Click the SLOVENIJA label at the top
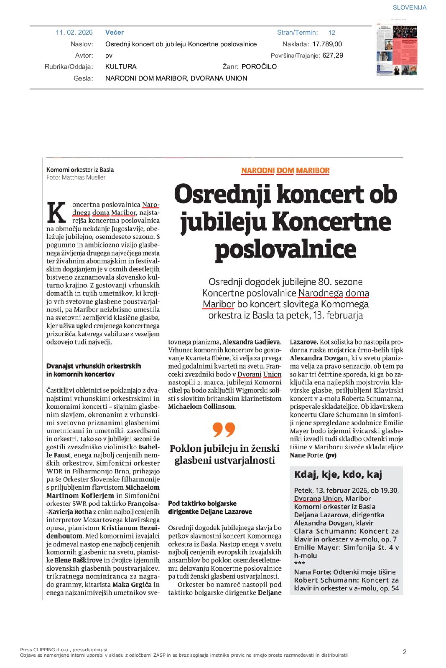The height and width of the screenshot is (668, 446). point(409,8)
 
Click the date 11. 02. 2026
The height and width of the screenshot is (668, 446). point(74,33)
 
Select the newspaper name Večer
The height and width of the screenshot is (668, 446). point(114,33)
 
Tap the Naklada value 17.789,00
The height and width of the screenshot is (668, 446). point(327,44)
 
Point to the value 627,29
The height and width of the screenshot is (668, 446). point(333,55)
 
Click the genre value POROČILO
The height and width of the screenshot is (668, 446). point(259,66)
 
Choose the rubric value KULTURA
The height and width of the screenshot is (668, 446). point(121,66)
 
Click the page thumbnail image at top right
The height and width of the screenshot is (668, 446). point(397,49)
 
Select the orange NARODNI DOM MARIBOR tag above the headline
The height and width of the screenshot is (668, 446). point(285,170)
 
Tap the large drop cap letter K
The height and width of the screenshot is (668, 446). point(56,213)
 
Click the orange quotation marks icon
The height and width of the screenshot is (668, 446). point(224,429)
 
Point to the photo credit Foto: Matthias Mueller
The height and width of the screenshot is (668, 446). point(76,177)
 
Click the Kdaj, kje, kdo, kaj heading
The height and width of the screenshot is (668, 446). point(338,475)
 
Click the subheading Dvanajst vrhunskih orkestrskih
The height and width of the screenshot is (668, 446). point(94,366)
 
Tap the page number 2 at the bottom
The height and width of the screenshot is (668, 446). point(404,652)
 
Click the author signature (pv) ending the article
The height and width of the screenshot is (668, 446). point(331,455)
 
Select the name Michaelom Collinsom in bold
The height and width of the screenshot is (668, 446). point(201,407)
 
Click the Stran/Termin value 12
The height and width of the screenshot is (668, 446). point(332,33)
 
